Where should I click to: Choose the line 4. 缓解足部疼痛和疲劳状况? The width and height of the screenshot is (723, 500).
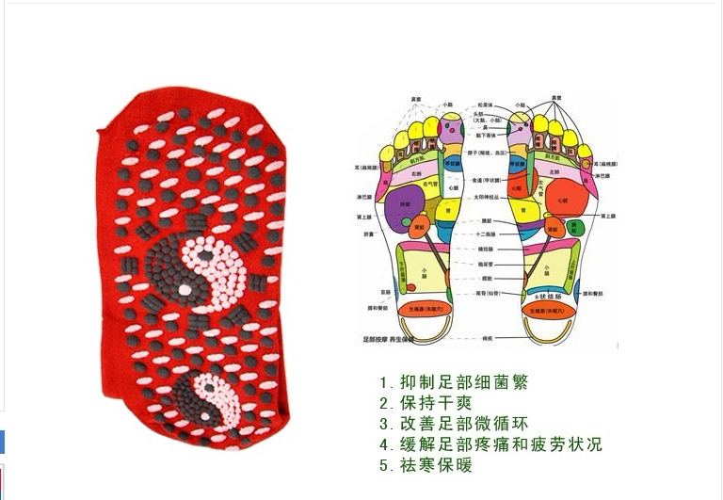pyautogui.click(x=490, y=444)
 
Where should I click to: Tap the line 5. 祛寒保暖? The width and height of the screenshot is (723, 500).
pyautogui.click(x=426, y=465)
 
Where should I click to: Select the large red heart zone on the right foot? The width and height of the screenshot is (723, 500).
pyautogui.click(x=562, y=200)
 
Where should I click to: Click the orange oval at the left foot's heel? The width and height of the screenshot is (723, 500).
pyautogui.click(x=421, y=308)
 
